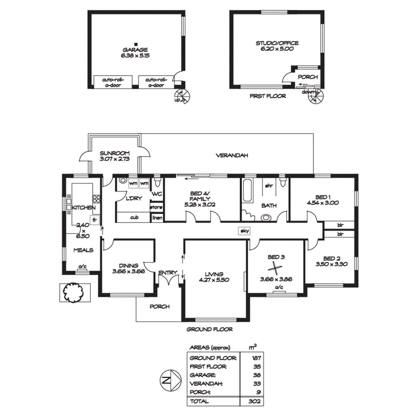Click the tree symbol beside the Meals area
pyautogui.click(x=73, y=292)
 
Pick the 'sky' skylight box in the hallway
pyautogui.click(x=244, y=231)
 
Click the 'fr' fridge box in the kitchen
pyautogui.click(x=94, y=219)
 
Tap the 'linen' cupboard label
pyautogui.click(x=157, y=218)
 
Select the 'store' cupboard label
pyautogui.click(x=156, y=208)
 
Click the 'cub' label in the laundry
pyautogui.click(x=133, y=218)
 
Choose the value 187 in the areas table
pyautogui.click(x=256, y=358)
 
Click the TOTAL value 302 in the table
pyautogui.click(x=256, y=401)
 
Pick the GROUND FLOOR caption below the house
pyautogui.click(x=210, y=329)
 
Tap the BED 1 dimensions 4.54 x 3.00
pyautogui.click(x=323, y=203)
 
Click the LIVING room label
pyautogui.click(x=214, y=274)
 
